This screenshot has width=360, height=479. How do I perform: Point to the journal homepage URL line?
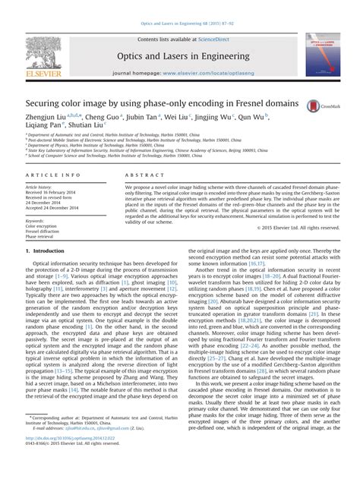coord(179,76)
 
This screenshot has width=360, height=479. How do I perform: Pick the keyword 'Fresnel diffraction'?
coord(43,231)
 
